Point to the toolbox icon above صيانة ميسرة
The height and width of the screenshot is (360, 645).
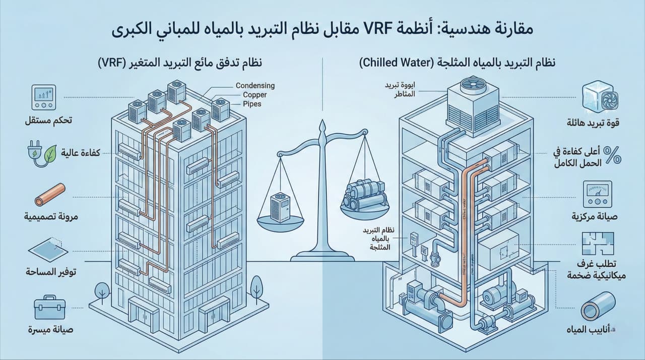(49, 307)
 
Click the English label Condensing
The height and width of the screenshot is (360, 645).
(255, 86)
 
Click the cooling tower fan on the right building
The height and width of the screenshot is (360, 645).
(468, 89)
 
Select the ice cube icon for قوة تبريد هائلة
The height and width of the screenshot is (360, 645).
(597, 97)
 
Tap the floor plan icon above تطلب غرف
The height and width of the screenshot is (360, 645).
(598, 244)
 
